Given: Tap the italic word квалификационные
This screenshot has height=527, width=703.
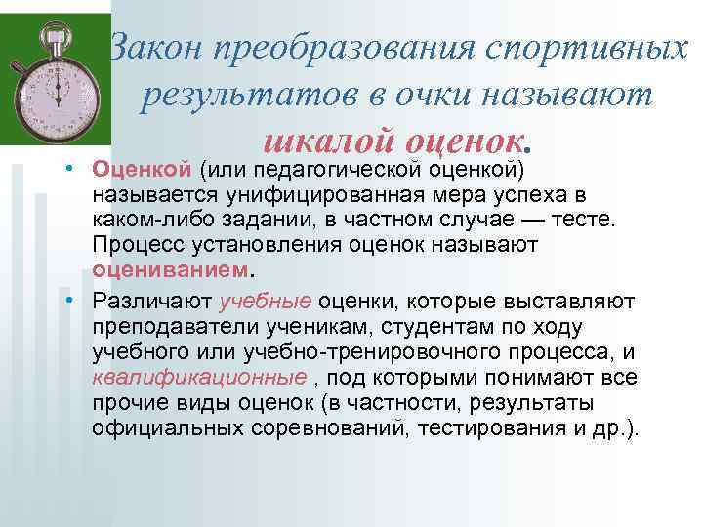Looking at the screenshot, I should (x=181, y=378).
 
